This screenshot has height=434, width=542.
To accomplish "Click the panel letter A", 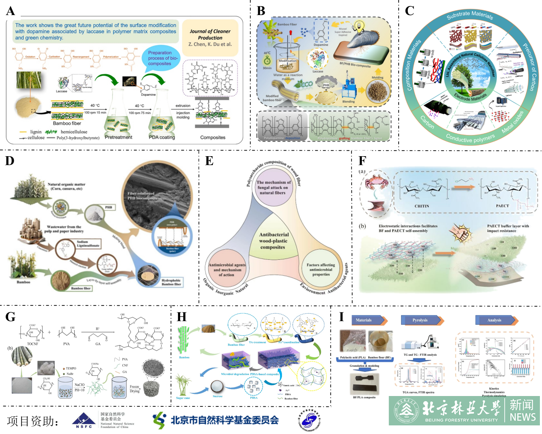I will [10, 11].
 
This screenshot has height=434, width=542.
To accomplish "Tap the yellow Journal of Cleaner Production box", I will [210, 38].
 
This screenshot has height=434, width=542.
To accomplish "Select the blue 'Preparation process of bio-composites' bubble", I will [159, 58].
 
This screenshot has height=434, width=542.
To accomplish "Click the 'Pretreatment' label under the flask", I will [118, 137].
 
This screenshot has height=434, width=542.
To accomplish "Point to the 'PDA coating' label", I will [162, 137].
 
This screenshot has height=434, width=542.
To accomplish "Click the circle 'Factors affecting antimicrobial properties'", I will [321, 270].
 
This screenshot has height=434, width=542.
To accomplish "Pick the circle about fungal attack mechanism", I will [273, 188].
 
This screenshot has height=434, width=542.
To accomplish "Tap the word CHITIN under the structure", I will [422, 206].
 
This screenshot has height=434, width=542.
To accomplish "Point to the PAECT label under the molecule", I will [502, 206].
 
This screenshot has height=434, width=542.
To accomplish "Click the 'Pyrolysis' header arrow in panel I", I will [422, 320].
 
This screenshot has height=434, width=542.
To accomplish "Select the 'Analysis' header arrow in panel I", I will [496, 320].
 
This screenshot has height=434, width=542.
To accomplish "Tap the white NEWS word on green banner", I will [522, 417].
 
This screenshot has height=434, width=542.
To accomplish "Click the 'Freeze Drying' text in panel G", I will [134, 389].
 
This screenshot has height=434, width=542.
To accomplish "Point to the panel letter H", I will [182, 317].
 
